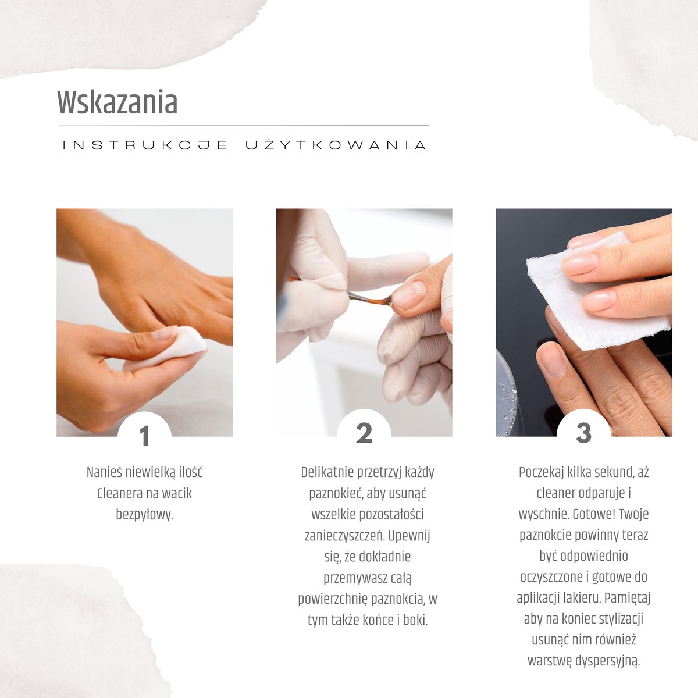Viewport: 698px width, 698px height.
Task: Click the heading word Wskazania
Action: tap(117, 103)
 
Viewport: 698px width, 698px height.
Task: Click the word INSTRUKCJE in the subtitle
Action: tap(145, 145)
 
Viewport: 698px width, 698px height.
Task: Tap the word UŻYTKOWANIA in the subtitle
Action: tap(336, 145)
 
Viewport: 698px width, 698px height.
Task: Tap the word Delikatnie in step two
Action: tap(327, 472)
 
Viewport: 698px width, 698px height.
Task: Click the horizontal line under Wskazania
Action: tap(243, 126)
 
